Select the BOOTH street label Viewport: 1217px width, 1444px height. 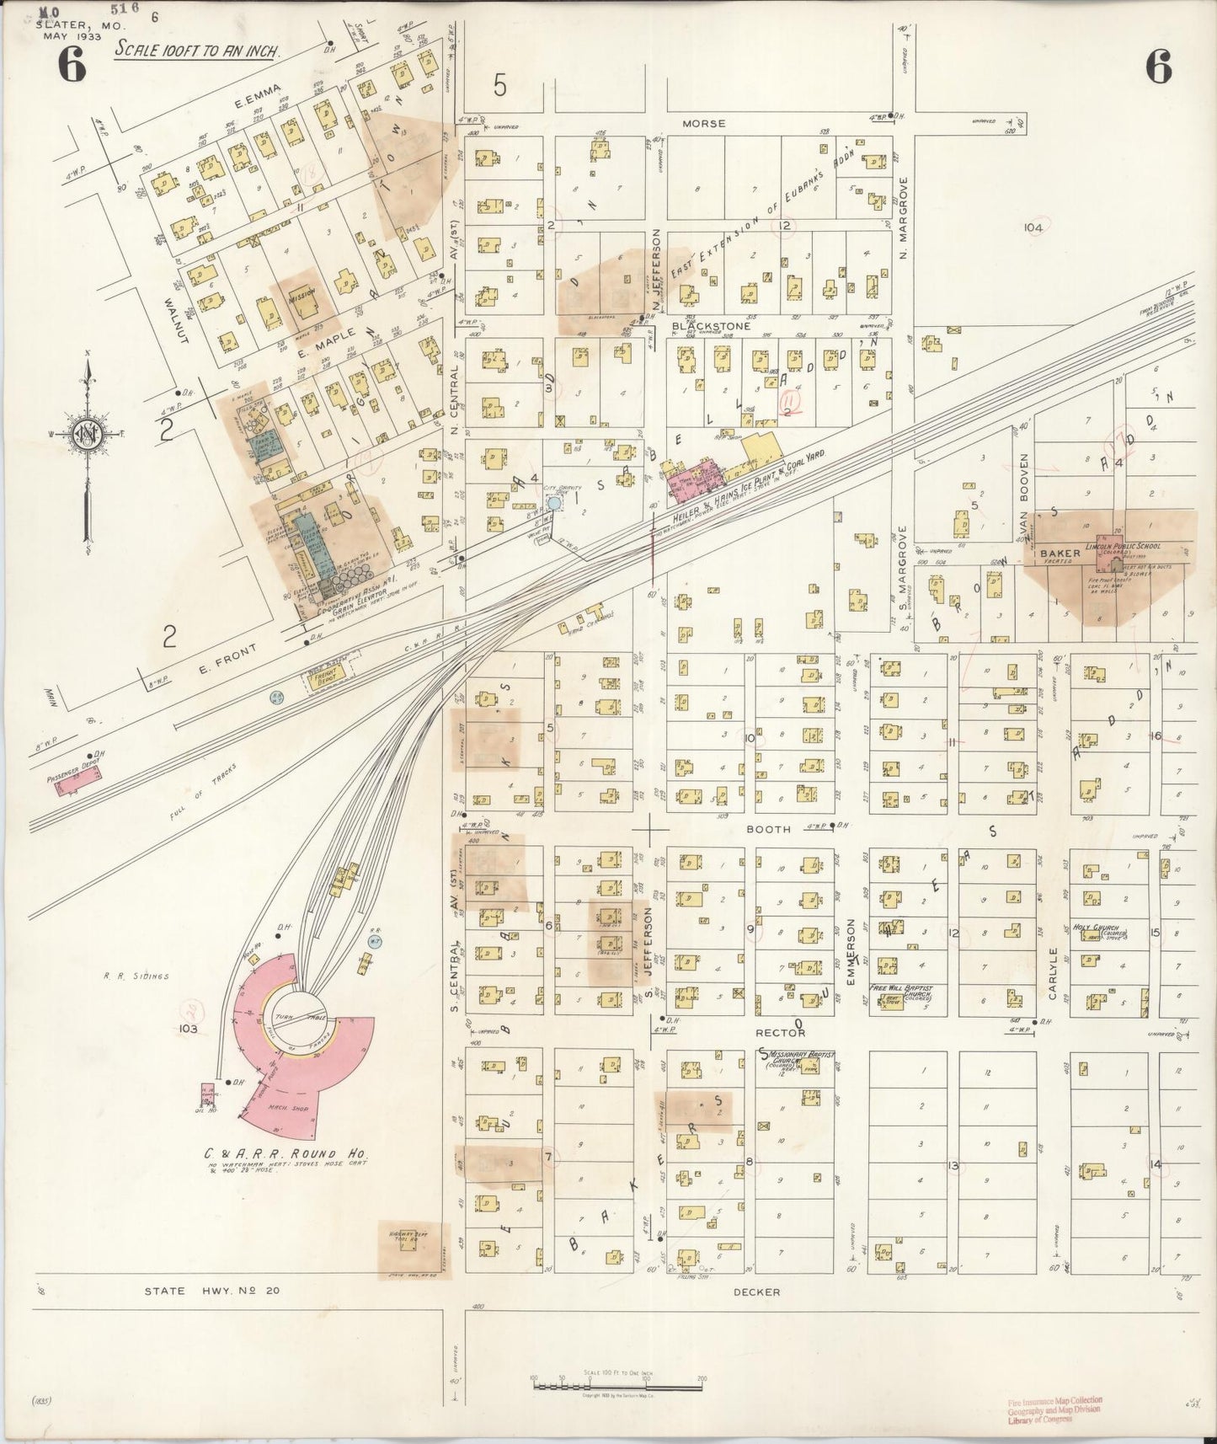tap(769, 829)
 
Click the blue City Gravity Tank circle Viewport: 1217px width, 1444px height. tap(553, 502)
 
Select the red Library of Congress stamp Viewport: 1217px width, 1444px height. tap(1053, 1411)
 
